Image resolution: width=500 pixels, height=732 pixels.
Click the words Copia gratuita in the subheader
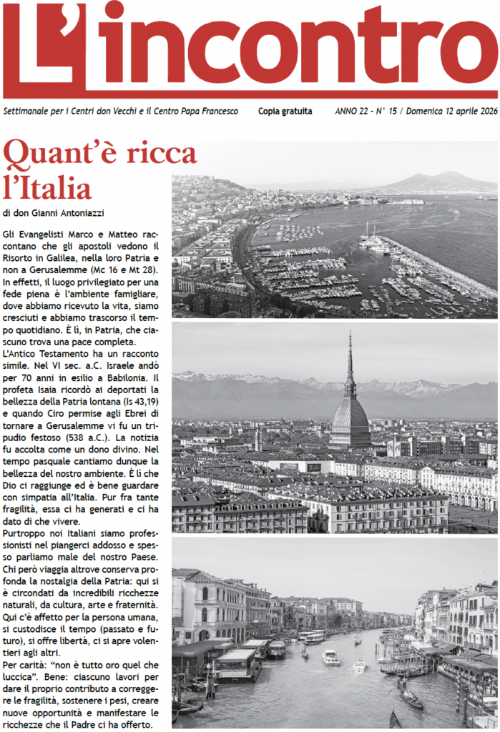tap(285, 112)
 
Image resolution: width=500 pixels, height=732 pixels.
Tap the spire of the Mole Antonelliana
tap(350, 357)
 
